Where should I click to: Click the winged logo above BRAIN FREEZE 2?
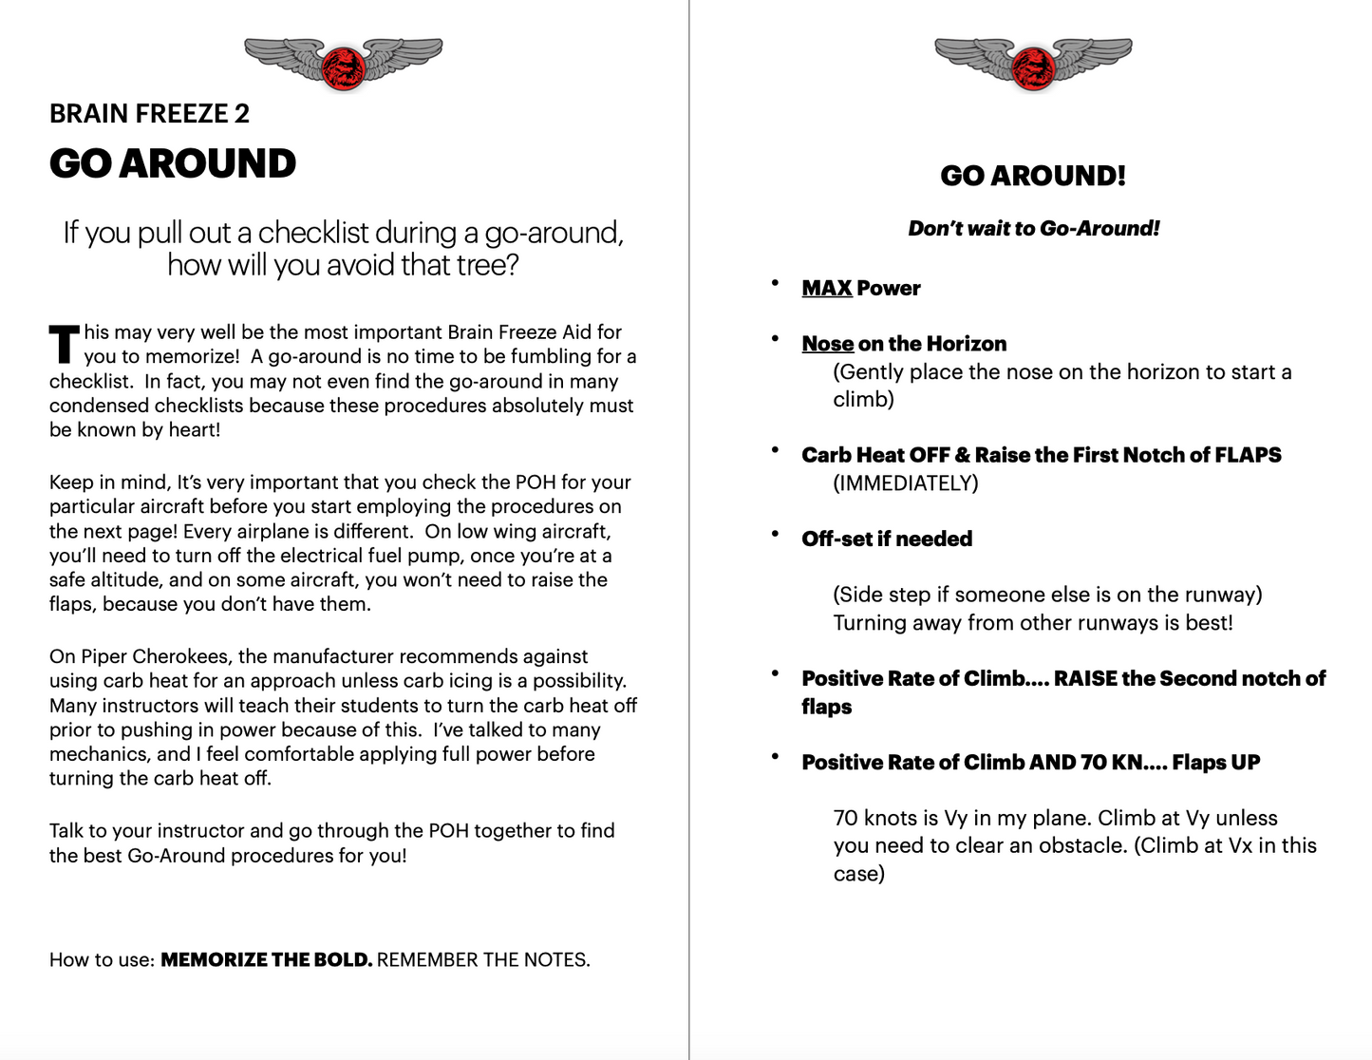(x=343, y=64)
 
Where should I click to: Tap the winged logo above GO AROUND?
(x=1033, y=64)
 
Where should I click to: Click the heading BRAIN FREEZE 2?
(x=149, y=114)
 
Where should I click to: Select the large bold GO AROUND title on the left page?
(x=173, y=163)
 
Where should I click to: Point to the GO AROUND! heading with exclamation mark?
(x=1033, y=176)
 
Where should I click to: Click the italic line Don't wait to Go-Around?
(x=1033, y=228)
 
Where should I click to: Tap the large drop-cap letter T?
(x=64, y=344)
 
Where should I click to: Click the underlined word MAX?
(x=826, y=288)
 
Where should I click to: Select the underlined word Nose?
(x=828, y=344)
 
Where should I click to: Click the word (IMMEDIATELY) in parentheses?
(x=905, y=483)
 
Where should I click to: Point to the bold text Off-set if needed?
(x=887, y=539)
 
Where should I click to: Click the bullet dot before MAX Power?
(x=776, y=283)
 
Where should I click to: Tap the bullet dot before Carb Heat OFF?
(x=776, y=450)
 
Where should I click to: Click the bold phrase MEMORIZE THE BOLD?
(x=266, y=959)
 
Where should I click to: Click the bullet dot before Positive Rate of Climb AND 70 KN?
(x=776, y=757)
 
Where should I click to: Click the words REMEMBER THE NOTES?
(x=483, y=959)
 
